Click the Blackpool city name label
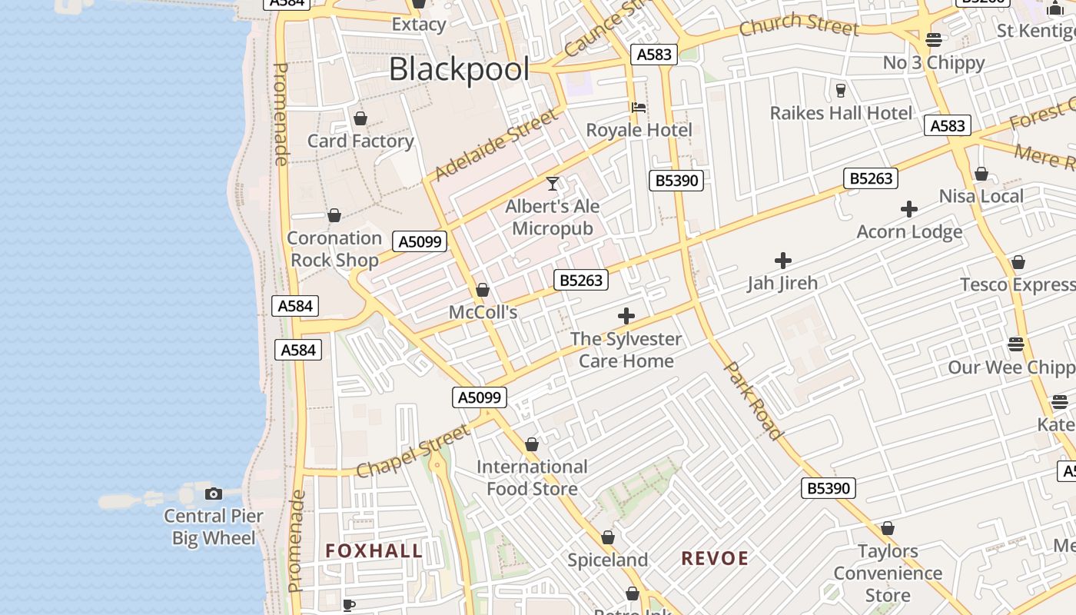[459, 69]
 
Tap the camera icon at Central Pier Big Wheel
[214, 494]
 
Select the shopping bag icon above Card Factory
[360, 118]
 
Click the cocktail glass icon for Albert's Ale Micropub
[552, 183]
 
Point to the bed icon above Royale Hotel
[638, 107]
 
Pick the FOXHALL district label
[374, 550]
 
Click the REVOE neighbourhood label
[715, 558]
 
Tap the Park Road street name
[754, 401]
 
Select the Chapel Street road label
[414, 450]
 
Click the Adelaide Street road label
[496, 145]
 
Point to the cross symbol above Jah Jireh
[782, 261]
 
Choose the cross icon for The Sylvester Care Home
[626, 316]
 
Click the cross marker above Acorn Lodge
[908, 209]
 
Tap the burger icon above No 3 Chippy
[934, 40]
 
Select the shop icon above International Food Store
[531, 444]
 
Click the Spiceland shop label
[608, 560]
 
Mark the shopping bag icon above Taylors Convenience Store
[888, 528]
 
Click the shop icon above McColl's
[483, 290]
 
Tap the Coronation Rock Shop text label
[334, 249]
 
